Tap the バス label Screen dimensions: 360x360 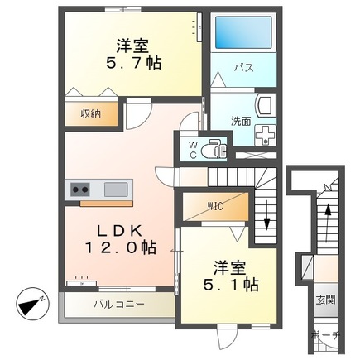coord(242,67)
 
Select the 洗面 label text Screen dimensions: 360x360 coord(241,121)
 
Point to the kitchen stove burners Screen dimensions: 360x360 coord(80,189)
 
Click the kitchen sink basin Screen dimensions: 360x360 coord(115,189)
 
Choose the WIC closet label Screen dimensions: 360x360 coord(216,203)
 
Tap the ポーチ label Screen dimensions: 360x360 coord(325,336)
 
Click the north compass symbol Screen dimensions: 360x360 coord(31,305)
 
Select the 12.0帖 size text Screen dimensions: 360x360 coord(125,247)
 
